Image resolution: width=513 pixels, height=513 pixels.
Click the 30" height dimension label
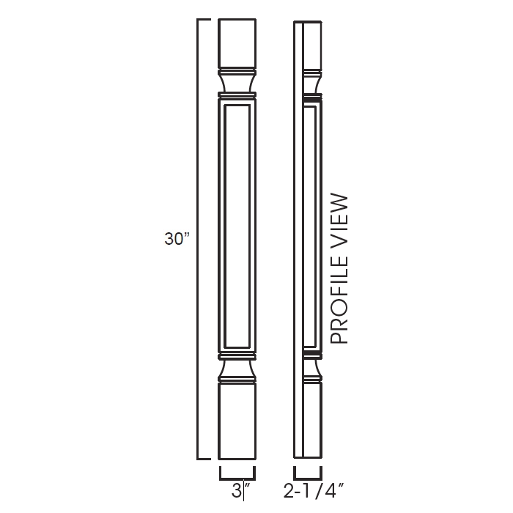177,239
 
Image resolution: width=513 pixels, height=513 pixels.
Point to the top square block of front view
238,44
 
